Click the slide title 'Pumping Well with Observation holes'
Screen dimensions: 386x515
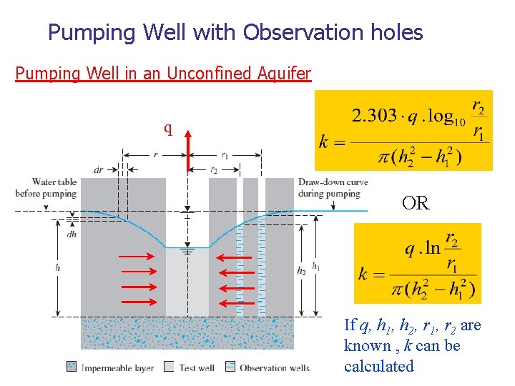pyautogui.click(x=235, y=32)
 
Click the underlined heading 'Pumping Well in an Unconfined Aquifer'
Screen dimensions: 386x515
pyautogui.click(x=163, y=73)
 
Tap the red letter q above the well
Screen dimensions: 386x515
pyautogui.click(x=168, y=129)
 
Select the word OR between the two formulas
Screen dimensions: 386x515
pyautogui.click(x=416, y=204)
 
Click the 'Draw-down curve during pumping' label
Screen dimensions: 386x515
pyautogui.click(x=333, y=187)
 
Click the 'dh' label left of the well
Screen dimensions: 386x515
pyautogui.click(x=71, y=233)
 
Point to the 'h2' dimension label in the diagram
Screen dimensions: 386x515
pyautogui.click(x=303, y=270)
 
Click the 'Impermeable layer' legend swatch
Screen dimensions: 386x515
pyautogui.click(x=72, y=367)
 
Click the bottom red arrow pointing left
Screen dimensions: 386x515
pyautogui.click(x=235, y=302)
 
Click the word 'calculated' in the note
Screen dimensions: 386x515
pyautogui.click(x=379, y=366)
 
